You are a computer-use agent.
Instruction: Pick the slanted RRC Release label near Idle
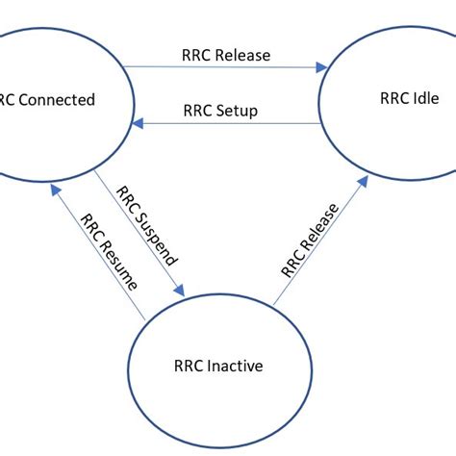coord(311,240)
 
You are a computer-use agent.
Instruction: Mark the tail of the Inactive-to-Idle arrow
coord(273,306)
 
